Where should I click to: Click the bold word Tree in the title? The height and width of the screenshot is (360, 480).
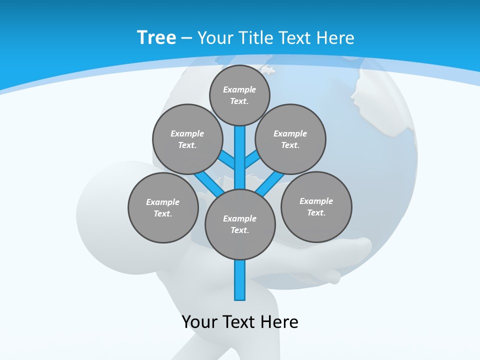tap(156, 37)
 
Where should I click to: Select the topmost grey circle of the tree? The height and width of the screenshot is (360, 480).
tap(239, 95)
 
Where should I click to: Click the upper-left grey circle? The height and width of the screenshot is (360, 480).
tap(187, 139)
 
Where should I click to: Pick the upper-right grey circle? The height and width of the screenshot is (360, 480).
tap(290, 139)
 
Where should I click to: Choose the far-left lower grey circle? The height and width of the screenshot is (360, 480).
tap(163, 207)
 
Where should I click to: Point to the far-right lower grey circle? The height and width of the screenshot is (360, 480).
tap(316, 206)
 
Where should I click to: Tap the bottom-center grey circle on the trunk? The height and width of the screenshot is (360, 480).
tap(240, 224)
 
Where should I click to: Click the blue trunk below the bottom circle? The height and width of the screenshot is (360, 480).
tap(240, 280)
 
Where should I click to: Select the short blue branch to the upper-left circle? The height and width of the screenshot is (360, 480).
tap(226, 159)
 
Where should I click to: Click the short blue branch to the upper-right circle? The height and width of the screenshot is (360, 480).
tap(252, 159)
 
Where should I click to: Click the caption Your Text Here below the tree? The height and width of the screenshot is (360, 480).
tap(240, 321)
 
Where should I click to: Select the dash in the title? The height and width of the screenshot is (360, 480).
tap(186, 38)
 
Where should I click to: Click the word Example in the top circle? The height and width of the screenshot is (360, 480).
tap(239, 89)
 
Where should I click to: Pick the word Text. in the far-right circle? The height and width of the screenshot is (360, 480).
tap(316, 212)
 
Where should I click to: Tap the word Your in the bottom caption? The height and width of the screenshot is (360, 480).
tap(199, 321)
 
